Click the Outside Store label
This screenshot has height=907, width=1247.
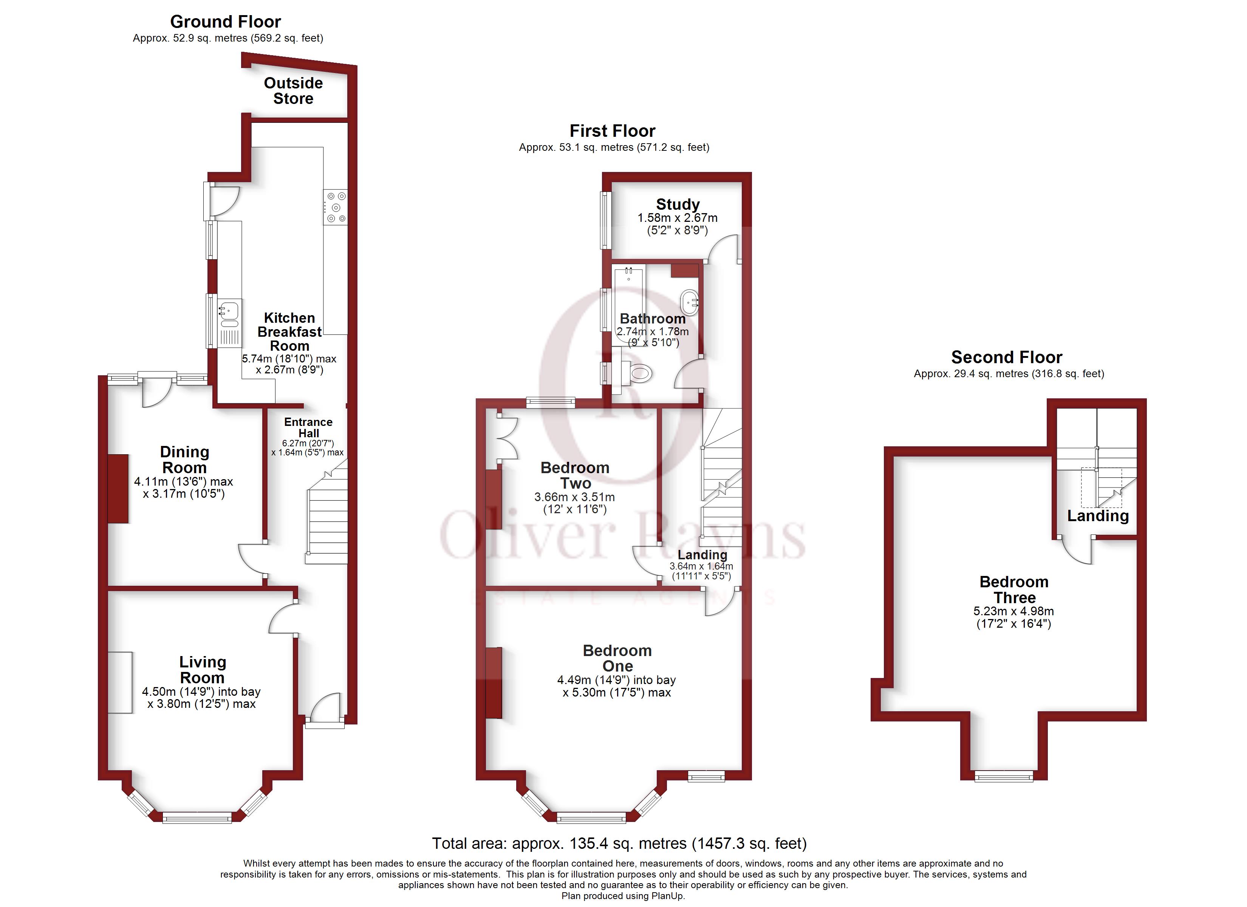(293, 91)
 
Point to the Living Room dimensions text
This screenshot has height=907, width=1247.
(201, 697)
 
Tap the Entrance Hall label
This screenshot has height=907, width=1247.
(308, 427)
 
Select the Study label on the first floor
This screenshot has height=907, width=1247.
(678, 204)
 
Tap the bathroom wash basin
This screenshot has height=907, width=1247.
(690, 302)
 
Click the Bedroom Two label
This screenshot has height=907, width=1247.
(575, 475)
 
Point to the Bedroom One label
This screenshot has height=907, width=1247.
(617, 658)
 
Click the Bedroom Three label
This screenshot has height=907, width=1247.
(1014, 590)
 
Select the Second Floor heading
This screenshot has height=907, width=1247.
(1006, 357)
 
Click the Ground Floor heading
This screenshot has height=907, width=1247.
(226, 22)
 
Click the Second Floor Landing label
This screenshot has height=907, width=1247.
(1097, 515)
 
